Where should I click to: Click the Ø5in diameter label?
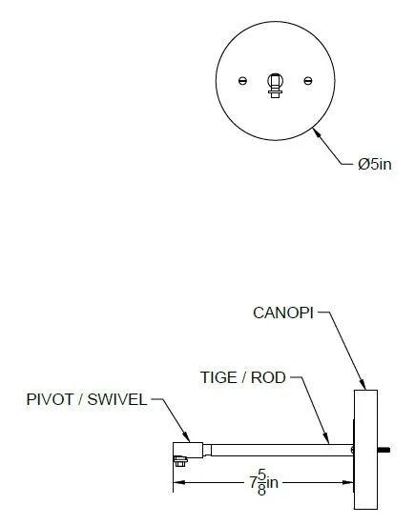[x=374, y=164]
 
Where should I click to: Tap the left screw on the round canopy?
[x=242, y=81]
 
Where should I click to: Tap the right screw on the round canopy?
[x=308, y=81]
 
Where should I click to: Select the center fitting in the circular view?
[x=275, y=86]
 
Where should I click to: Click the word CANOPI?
[x=283, y=313]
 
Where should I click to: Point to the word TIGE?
[x=218, y=377]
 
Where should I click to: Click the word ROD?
[x=268, y=377]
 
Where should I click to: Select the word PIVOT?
[x=50, y=399]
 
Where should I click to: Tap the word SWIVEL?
[x=117, y=399]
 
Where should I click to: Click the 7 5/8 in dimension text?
[x=264, y=482]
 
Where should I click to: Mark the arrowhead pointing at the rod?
[x=326, y=438]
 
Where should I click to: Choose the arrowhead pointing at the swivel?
[x=186, y=436]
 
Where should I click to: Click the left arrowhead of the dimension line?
[x=179, y=482]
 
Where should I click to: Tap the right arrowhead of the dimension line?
[x=347, y=482]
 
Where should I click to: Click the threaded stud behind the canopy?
[x=384, y=450]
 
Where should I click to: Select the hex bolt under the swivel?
[x=180, y=461]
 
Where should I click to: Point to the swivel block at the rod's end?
[x=188, y=450]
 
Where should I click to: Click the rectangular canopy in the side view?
[x=365, y=450]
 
